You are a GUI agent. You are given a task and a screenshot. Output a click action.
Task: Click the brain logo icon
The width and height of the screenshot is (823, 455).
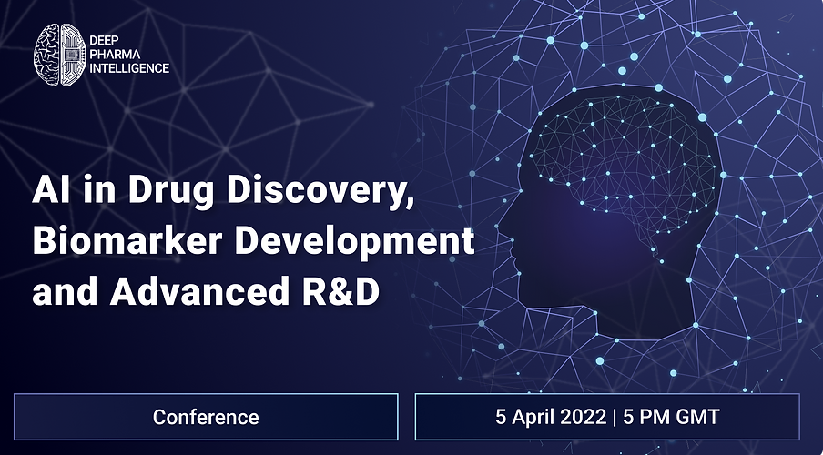pos(60,55)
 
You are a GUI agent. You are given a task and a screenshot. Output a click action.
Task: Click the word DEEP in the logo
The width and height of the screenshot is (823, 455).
pos(104,41)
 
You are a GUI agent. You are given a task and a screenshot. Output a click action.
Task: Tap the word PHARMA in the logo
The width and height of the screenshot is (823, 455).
pos(115,55)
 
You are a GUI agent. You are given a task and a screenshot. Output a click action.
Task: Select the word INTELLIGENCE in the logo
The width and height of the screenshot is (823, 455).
pos(129,68)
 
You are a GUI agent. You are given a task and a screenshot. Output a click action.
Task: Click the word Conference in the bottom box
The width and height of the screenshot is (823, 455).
pos(206,417)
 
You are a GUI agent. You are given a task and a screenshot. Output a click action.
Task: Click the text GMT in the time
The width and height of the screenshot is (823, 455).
pos(697,417)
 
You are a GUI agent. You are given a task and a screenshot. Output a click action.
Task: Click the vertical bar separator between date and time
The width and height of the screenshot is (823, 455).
pos(615,418)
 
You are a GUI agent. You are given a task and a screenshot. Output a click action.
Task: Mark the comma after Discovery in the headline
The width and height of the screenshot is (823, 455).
pos(404,203)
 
